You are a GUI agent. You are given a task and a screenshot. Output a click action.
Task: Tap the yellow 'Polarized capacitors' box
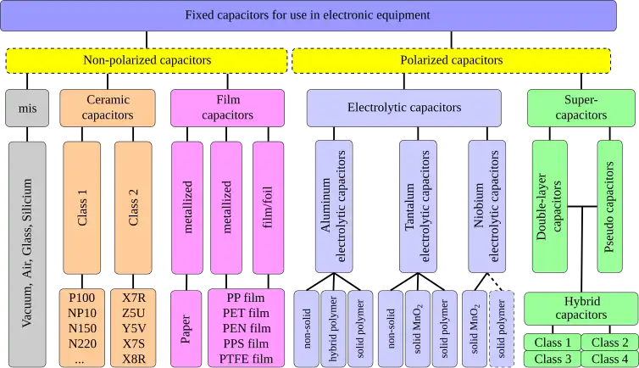(x=451, y=60)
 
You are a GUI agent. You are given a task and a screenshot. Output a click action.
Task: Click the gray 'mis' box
(x=27, y=108)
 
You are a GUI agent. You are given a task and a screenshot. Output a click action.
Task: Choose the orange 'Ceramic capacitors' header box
(x=107, y=108)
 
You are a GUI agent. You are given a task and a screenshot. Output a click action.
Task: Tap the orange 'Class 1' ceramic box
(x=82, y=208)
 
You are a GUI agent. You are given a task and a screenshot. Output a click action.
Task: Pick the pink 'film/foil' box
(x=267, y=208)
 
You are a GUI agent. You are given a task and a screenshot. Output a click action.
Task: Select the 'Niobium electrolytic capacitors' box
(x=488, y=208)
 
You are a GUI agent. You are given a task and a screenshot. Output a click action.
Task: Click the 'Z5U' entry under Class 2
(x=133, y=313)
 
